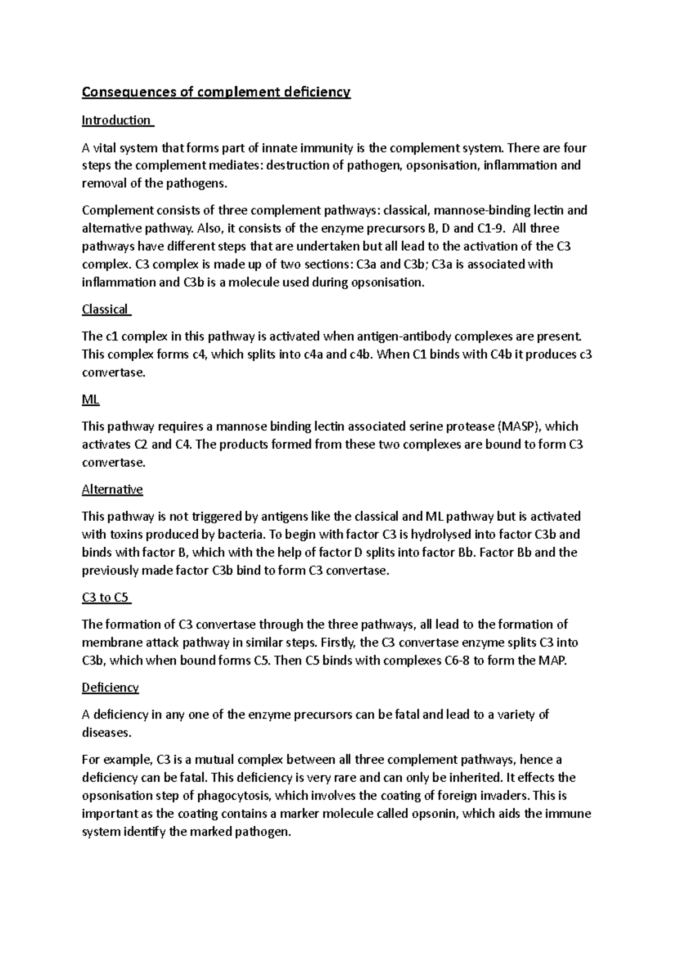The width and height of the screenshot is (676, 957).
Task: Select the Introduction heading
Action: [x=117, y=120]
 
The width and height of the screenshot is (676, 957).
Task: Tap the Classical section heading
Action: [x=105, y=309]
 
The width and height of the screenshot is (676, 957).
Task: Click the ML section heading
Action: [x=91, y=400]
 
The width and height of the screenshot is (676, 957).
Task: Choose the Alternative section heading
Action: [x=112, y=489]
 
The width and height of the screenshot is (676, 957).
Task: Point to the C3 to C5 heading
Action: [x=105, y=597]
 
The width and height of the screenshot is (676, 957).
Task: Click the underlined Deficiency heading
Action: [x=110, y=688]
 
